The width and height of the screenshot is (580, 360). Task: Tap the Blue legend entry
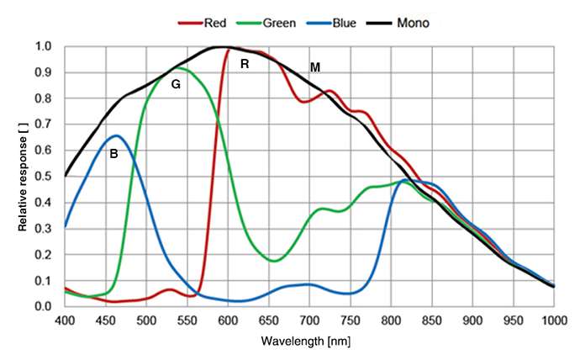coord(340,23)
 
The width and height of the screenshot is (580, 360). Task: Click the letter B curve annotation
coord(113,154)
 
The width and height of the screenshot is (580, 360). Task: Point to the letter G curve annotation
coord(176,84)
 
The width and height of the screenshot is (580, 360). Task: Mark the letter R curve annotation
coord(245,63)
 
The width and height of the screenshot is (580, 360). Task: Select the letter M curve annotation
coord(314,66)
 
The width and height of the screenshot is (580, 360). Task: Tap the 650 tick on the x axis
coord(269,320)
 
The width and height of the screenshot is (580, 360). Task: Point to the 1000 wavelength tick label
coord(554,320)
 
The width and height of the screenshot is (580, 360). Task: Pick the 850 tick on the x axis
coord(432,320)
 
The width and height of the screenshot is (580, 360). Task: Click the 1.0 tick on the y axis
coord(44,46)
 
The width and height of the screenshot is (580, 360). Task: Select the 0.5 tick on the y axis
coord(44,177)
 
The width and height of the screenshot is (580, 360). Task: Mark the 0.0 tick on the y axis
coord(44,306)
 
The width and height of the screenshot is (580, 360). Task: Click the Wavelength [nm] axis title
coord(308,342)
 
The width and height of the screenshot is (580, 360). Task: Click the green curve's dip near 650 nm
coord(274,261)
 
